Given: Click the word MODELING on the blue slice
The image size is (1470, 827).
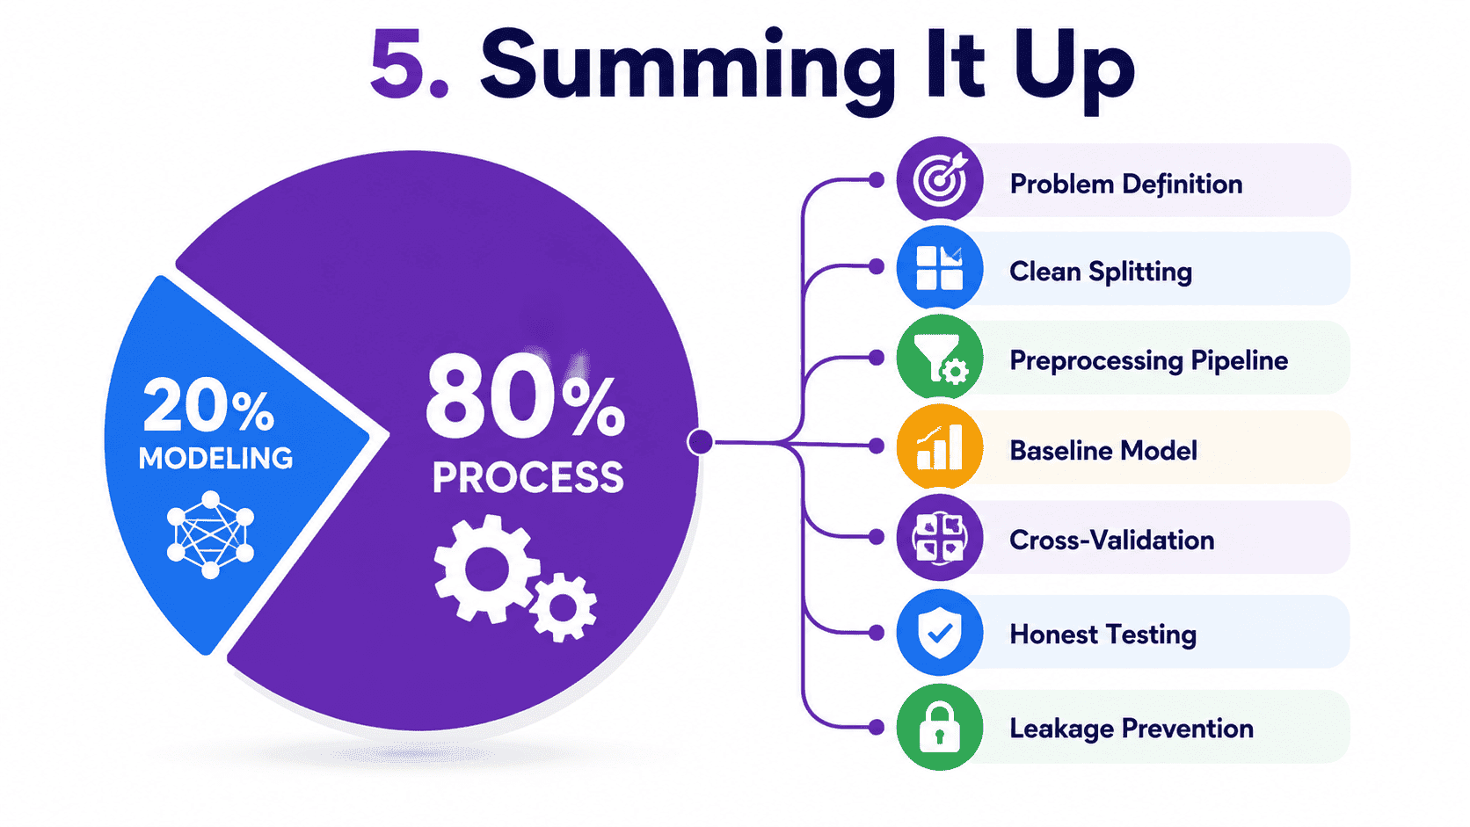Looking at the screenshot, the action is click(x=216, y=458).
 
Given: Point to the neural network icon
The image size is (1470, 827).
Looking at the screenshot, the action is click(x=211, y=534).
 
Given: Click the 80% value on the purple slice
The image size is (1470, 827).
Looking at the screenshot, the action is click(x=525, y=395).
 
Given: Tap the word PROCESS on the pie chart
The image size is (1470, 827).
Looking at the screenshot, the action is click(x=528, y=477).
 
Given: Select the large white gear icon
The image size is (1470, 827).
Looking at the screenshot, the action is click(x=486, y=569).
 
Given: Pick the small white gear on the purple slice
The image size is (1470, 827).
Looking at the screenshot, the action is click(x=564, y=607).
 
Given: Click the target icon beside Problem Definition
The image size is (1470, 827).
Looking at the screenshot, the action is click(x=940, y=179).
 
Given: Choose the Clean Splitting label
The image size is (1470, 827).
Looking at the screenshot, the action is click(x=1101, y=272).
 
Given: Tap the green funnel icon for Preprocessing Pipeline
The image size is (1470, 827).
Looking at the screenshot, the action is click(x=940, y=358).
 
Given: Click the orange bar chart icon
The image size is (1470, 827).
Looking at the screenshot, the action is click(x=940, y=446).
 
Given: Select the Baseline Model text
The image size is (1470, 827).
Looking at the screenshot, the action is click(x=1103, y=451).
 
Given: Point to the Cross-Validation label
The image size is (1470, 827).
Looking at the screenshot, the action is click(x=1111, y=540).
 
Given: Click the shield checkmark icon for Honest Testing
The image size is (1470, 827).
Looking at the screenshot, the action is click(x=940, y=632).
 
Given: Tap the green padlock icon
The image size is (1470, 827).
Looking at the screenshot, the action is click(x=940, y=727).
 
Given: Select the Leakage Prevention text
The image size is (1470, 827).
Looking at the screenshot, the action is click(x=1132, y=729).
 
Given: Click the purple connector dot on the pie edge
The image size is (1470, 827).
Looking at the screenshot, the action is click(x=700, y=441).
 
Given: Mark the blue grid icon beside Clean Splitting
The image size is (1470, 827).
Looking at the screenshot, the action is click(x=940, y=267).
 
